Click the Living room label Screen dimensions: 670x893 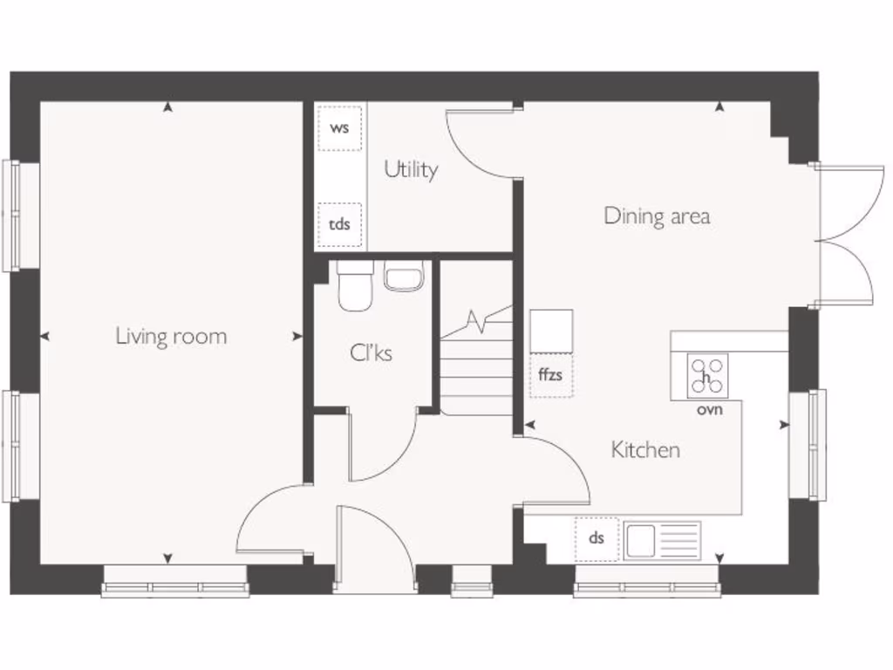171,336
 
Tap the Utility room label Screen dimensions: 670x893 411,169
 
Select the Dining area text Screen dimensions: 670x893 657,215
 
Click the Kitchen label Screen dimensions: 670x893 645,450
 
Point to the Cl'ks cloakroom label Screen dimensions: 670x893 371,353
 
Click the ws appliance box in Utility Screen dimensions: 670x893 339,128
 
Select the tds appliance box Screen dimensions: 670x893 339,225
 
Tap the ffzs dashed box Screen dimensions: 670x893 551,376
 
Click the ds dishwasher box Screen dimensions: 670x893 596,538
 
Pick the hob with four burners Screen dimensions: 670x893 707,375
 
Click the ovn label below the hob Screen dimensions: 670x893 709,409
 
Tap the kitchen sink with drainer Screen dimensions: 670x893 663,539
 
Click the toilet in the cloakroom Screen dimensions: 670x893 355,285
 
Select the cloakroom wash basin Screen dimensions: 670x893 403,277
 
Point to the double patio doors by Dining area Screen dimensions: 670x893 844,234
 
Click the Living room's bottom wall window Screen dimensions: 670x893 175,582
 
